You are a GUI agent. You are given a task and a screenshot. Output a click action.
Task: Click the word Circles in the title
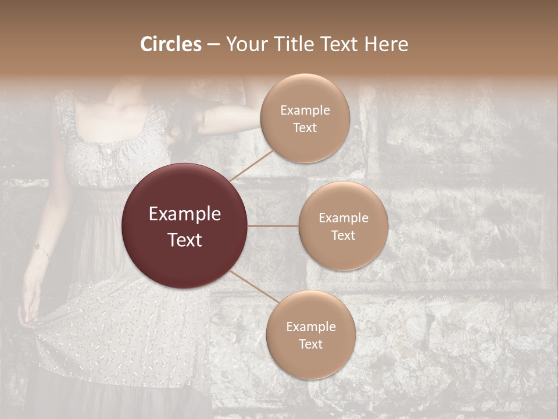[171, 44]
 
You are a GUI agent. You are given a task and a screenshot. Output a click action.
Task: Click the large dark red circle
[184, 226]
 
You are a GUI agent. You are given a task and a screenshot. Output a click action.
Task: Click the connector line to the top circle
[252, 165]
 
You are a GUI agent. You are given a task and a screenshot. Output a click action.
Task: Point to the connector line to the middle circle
[273, 226]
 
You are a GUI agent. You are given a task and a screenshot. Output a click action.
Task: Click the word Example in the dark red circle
[185, 214]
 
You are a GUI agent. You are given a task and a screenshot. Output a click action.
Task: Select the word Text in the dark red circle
[185, 239]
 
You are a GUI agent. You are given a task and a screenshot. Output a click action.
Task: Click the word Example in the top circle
[305, 111]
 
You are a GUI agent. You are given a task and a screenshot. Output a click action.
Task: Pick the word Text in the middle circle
[343, 235]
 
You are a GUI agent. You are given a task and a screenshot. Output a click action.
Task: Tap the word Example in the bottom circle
[311, 327]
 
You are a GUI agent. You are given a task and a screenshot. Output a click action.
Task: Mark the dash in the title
[213, 45]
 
